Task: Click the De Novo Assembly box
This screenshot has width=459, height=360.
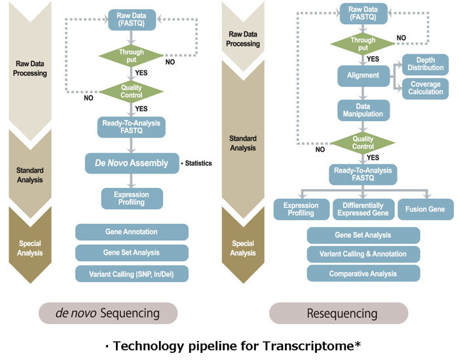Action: click(132, 163)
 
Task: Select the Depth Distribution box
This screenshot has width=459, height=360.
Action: click(426, 63)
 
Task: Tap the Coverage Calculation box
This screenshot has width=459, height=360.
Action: click(426, 88)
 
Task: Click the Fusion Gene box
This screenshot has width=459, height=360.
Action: click(425, 209)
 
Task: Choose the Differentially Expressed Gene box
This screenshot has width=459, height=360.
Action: click(363, 209)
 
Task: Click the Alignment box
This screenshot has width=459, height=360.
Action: click(363, 75)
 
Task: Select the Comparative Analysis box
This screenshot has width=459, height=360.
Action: click(363, 274)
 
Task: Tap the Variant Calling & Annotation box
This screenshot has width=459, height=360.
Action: click(363, 254)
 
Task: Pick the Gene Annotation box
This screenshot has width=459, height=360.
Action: click(132, 232)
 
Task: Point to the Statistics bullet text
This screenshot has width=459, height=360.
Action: click(196, 163)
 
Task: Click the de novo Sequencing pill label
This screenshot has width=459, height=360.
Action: click(108, 313)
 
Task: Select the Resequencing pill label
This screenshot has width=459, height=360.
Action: click(339, 313)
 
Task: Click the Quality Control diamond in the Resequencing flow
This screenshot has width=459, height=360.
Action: click(363, 143)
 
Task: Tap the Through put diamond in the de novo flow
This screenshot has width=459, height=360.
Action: click(132, 55)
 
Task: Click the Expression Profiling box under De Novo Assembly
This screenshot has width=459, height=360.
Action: click(132, 198)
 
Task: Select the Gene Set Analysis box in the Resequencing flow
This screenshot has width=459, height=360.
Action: click(363, 235)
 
